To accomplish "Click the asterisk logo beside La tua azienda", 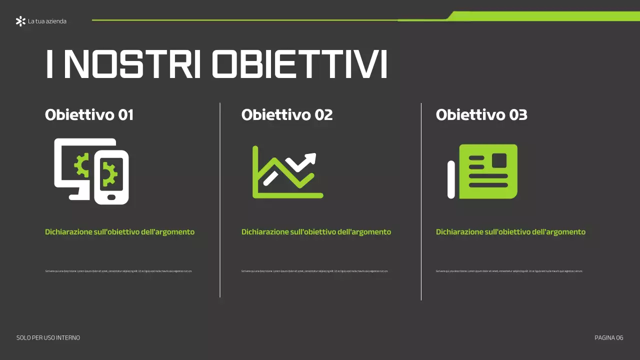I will pos(20,21).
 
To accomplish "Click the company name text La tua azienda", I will pos(47,21).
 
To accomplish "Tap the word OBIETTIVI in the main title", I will pos(299,64).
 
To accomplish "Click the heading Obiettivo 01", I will pos(89,115).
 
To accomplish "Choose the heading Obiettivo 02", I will pos(286,115).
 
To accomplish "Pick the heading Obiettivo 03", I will pos(481,115).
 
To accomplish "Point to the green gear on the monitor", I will pos(80,164).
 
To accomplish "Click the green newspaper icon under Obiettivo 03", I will pos(487,171).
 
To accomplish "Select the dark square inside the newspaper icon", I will pos(499,160).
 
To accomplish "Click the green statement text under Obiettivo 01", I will pos(119,232).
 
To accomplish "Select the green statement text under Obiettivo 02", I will pos(316,232).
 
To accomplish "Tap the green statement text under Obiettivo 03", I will pos(510,232).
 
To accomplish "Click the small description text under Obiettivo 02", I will pos(314,271).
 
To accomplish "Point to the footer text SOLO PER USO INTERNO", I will pos(48,338).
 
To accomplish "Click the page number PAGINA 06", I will pos(608,338).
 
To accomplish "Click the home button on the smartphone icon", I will pos(111,197).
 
